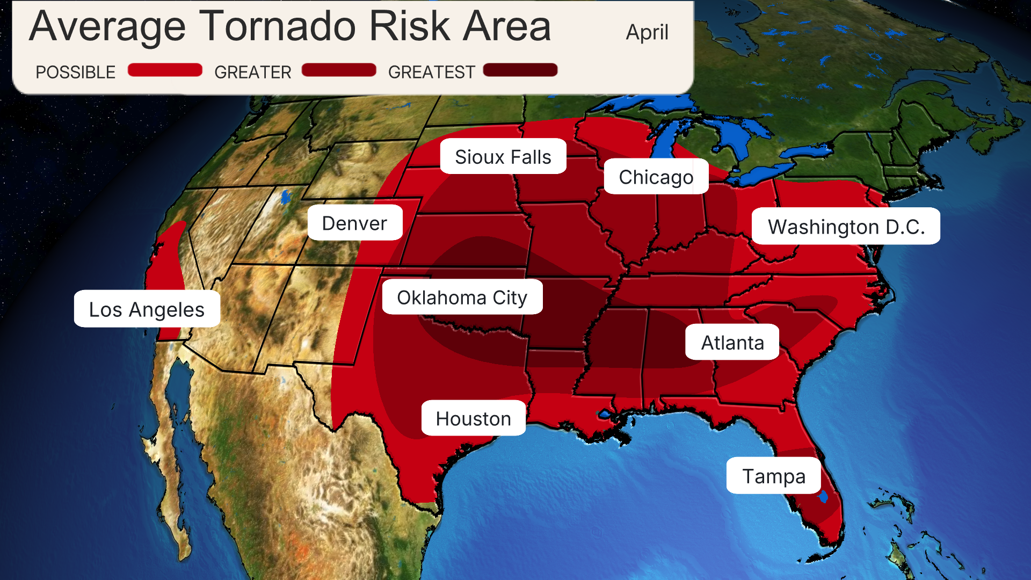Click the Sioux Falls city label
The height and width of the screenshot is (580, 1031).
pos(503,157)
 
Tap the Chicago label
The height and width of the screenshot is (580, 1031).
pos(656,177)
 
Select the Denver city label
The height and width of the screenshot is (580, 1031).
pos(354,223)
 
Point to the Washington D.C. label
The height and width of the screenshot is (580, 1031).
pos(846,227)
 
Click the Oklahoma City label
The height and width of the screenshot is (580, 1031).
pos(462,297)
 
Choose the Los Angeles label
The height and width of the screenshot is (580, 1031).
pos(147,309)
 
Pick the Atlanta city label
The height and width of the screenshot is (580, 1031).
pos(732,342)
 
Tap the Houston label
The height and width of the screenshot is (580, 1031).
pos(473,418)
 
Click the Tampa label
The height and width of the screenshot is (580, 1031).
pos(773,476)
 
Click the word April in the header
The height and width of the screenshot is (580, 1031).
pos(647,32)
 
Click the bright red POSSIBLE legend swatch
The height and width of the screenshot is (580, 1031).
pos(165,70)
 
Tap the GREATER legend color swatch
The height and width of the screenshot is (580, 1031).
pos(339,70)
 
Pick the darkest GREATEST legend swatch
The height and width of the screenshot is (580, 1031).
pos(520,70)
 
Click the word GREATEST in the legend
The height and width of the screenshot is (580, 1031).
pos(431,72)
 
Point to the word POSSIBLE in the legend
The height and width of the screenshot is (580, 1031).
pos(75,72)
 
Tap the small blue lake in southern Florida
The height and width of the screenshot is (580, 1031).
pos(823,497)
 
